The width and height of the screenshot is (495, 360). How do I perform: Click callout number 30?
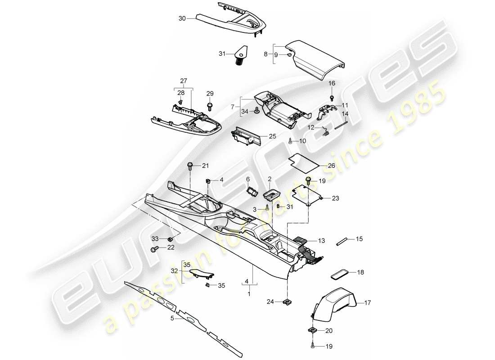181,18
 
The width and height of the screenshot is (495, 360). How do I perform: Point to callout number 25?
272,136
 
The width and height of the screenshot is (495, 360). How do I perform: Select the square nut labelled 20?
312,331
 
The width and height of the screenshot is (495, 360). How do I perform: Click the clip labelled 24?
286,302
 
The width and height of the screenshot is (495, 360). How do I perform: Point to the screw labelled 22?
154,249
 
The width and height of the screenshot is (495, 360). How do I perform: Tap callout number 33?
154,238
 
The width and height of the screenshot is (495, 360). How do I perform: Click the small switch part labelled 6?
250,191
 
